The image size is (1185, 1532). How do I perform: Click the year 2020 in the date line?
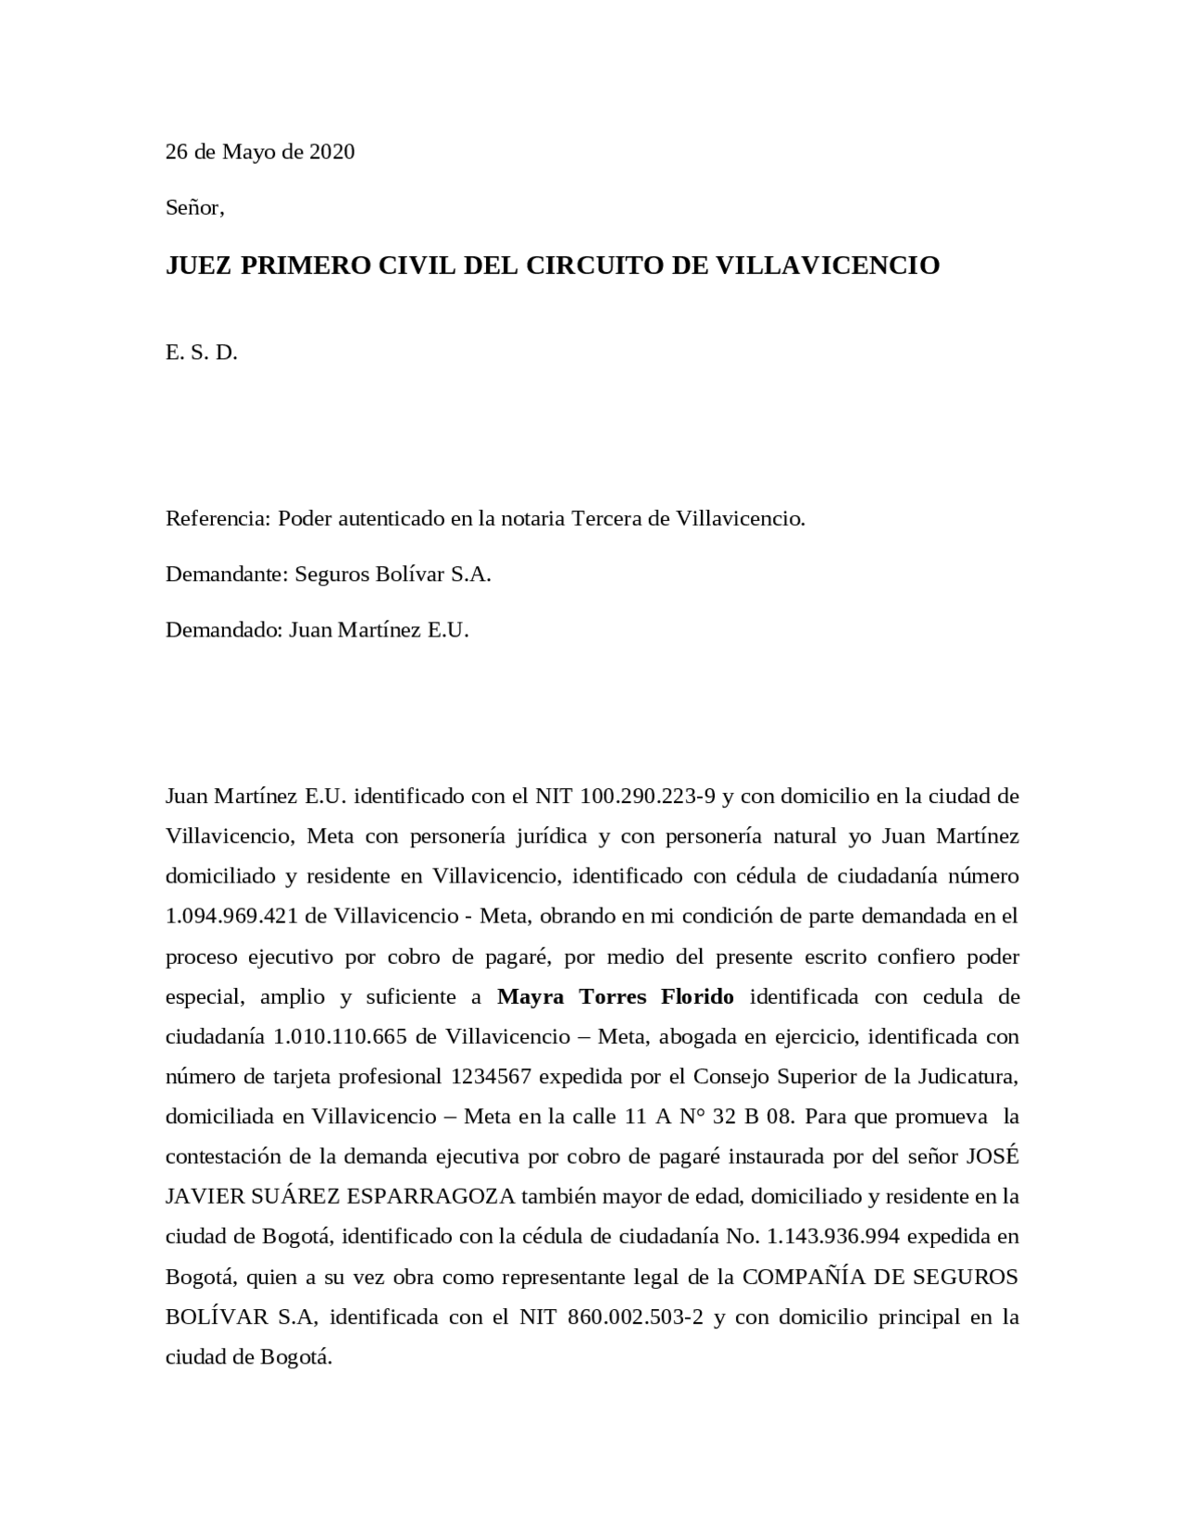tap(331, 152)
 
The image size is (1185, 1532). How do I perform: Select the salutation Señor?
tap(194, 207)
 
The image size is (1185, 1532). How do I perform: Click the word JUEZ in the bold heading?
tap(199, 266)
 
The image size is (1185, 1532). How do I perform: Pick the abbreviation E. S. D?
tap(201, 352)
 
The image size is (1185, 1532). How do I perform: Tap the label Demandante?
tap(227, 574)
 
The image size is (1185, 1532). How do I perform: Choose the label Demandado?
tap(224, 631)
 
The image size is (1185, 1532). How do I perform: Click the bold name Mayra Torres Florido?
tap(616, 996)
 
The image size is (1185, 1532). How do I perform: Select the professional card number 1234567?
tap(491, 1076)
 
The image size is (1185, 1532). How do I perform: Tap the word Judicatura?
tap(967, 1076)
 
